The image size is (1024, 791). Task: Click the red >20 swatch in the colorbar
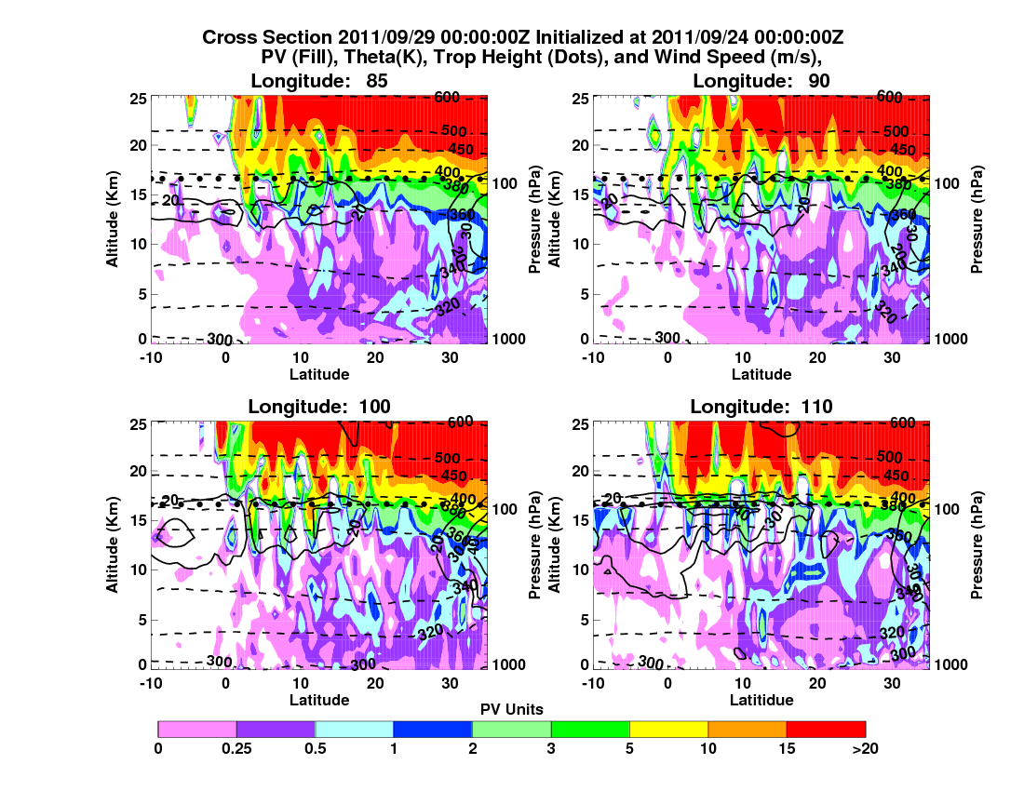click(x=826, y=729)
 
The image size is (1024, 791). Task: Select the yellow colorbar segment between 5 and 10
click(x=668, y=729)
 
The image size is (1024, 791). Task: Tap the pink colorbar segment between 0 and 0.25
click(x=197, y=729)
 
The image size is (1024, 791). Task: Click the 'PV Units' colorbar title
click(x=512, y=709)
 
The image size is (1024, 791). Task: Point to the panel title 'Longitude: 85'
click(x=319, y=81)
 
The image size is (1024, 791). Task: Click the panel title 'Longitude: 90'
click(x=761, y=81)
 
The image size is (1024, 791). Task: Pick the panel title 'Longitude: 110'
click(x=761, y=406)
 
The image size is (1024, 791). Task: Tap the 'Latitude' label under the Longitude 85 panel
click(x=319, y=374)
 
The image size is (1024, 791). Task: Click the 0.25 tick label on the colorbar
click(x=236, y=747)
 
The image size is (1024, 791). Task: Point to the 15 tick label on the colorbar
click(x=787, y=747)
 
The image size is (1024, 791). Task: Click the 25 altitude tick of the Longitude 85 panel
click(x=135, y=98)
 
